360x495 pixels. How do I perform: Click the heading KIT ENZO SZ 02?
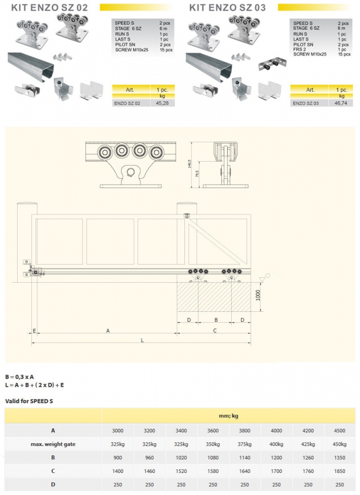46,8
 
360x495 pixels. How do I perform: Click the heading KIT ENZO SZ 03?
227,8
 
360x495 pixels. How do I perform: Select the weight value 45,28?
162,103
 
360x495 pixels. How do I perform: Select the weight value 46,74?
341,103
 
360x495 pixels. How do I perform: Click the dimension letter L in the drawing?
142,340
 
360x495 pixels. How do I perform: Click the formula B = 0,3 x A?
20,377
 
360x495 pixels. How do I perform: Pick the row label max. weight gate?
53,444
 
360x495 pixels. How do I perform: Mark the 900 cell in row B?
118,458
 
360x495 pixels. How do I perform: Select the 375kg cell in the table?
244,444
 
